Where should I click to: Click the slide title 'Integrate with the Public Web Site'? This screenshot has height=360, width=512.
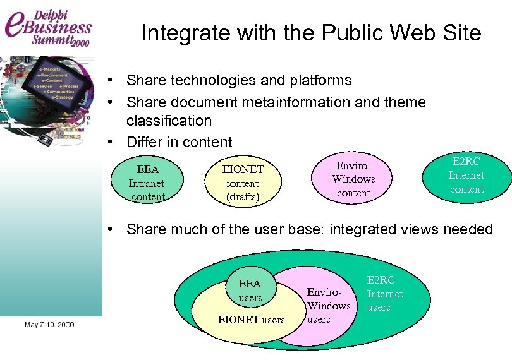[x=311, y=33]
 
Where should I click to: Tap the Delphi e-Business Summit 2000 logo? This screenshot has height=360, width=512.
[x=49, y=28]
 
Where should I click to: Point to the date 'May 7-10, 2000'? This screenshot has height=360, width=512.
[x=49, y=325]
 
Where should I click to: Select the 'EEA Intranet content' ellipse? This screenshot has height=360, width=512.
[x=147, y=183]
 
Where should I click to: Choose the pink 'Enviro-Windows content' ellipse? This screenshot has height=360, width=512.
[x=353, y=179]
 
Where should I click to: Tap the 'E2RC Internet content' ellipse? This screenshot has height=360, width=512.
[x=466, y=175]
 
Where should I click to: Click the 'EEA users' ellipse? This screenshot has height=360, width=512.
[x=250, y=290]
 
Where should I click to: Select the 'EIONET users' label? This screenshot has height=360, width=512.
[x=251, y=320]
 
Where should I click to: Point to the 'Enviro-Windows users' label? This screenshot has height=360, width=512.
[x=328, y=306]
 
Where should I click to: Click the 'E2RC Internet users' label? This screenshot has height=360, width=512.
[x=384, y=294]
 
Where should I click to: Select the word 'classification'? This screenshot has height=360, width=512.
[x=169, y=120]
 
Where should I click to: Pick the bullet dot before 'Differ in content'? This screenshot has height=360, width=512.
[x=110, y=142]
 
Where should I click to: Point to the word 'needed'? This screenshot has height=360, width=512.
[x=468, y=229]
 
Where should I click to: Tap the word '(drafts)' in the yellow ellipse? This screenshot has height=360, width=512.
[x=243, y=197]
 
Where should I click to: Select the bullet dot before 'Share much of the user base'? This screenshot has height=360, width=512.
[x=110, y=229]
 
